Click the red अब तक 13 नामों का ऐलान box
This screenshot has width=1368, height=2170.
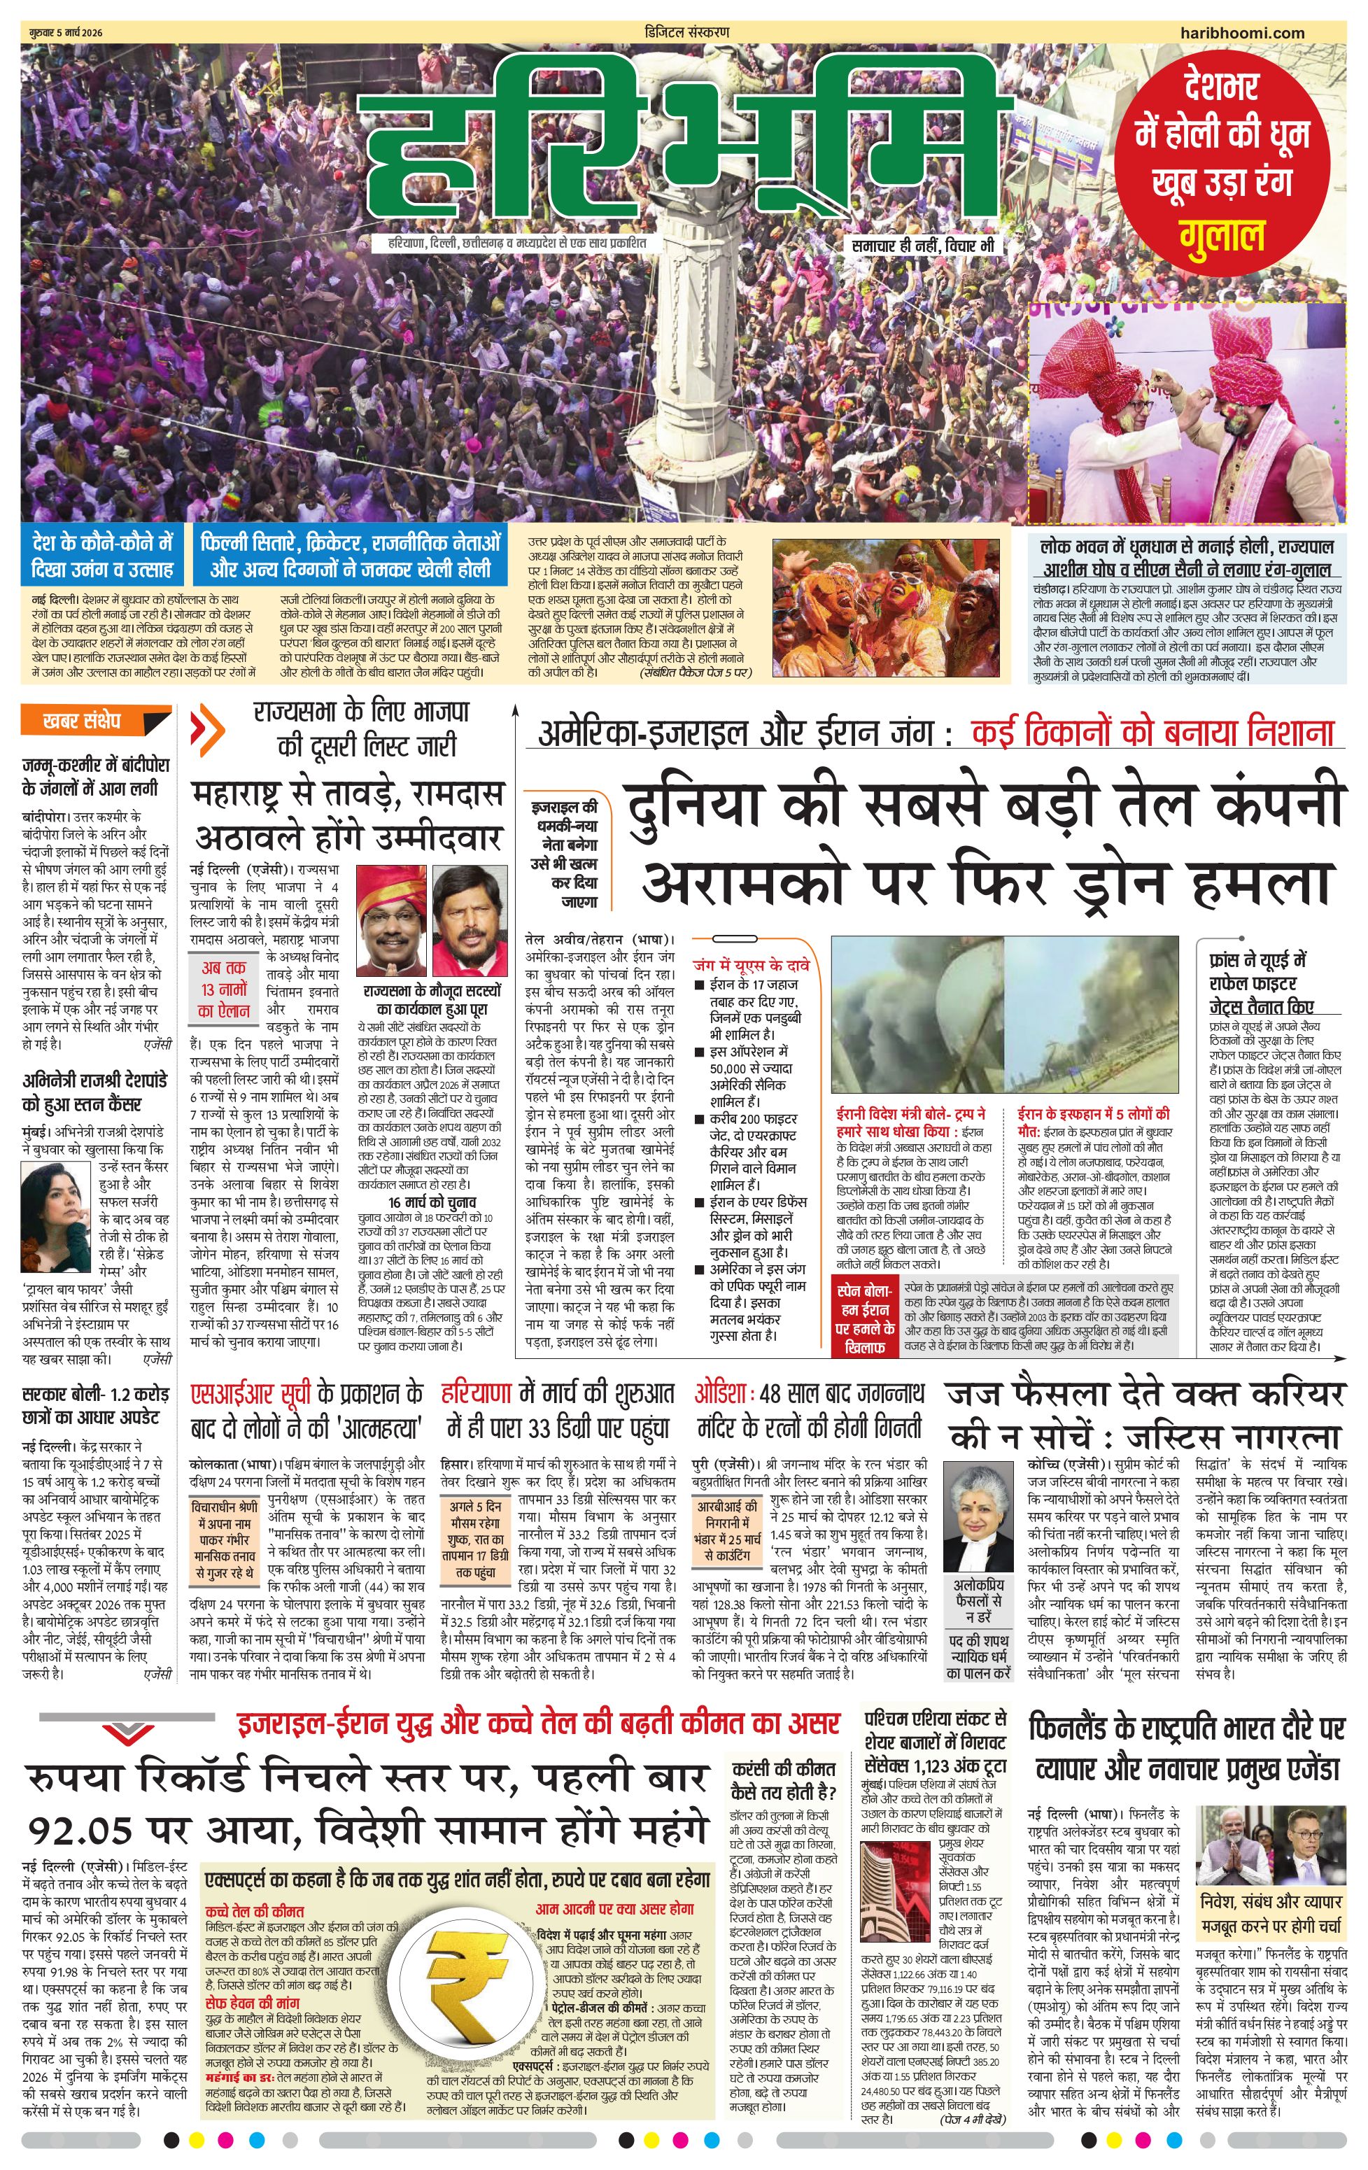(225, 989)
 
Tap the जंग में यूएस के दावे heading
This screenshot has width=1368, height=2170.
(750, 964)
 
